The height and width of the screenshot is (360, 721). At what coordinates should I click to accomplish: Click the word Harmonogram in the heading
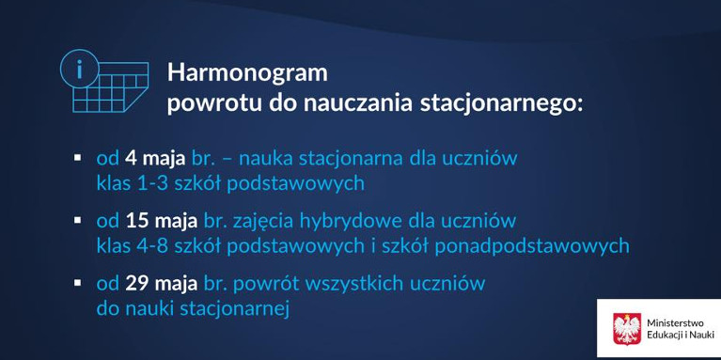click(247, 72)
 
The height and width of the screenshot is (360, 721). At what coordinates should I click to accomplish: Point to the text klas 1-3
click(130, 180)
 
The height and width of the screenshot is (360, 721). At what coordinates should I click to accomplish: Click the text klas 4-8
click(130, 245)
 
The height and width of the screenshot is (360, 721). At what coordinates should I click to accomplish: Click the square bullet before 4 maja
click(78, 154)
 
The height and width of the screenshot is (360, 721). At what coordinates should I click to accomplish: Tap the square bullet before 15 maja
click(78, 219)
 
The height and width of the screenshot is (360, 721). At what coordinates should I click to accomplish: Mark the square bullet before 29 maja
click(78, 281)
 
